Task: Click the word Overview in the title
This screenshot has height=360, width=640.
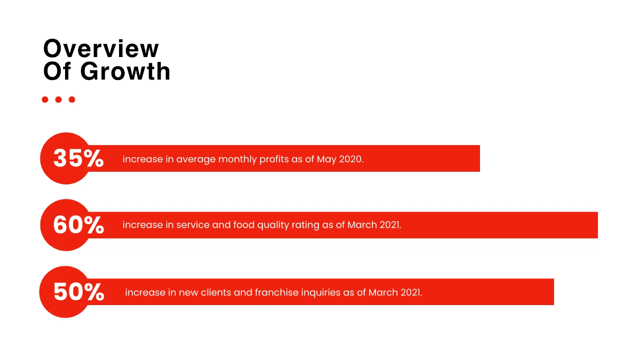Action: tap(101, 49)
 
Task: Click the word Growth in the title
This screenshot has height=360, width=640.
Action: tap(125, 71)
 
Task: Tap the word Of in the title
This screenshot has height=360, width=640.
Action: tap(57, 71)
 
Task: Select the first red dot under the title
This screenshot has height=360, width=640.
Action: tap(45, 99)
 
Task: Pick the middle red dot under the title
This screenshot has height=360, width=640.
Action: tap(58, 99)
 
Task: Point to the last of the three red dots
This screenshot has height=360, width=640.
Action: tap(71, 99)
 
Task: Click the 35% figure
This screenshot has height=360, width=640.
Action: tap(78, 158)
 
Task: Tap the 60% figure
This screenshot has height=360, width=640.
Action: tap(78, 225)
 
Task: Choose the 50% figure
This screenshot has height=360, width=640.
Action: tap(78, 292)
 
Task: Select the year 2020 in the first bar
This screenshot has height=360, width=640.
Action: tap(351, 159)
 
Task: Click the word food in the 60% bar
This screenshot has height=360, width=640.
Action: tap(244, 225)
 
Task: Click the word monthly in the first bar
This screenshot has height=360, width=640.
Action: tap(237, 159)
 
